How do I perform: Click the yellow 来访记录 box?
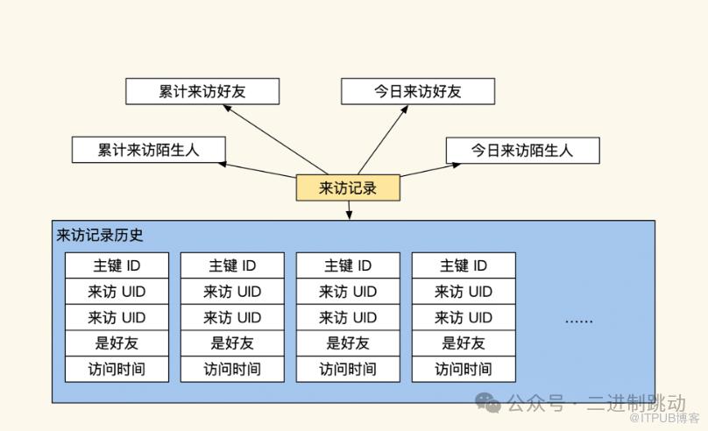[x=348, y=187]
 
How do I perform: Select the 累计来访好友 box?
[x=202, y=91]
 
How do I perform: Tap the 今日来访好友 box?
[x=418, y=91]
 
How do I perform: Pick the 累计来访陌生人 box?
[x=149, y=150]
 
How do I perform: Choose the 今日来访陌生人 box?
[x=522, y=150]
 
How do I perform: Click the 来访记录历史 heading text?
[x=100, y=235]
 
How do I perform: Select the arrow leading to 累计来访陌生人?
[x=258, y=169]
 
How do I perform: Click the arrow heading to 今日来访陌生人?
[x=423, y=170]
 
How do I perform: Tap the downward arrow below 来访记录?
[x=349, y=210]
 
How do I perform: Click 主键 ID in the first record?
[x=117, y=265]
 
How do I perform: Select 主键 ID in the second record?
[x=232, y=265]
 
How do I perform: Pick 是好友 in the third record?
[x=348, y=343]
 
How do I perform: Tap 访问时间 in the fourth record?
[x=464, y=369]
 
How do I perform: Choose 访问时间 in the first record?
[x=117, y=369]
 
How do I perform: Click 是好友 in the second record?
[x=232, y=343]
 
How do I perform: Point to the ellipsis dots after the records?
[x=578, y=320]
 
